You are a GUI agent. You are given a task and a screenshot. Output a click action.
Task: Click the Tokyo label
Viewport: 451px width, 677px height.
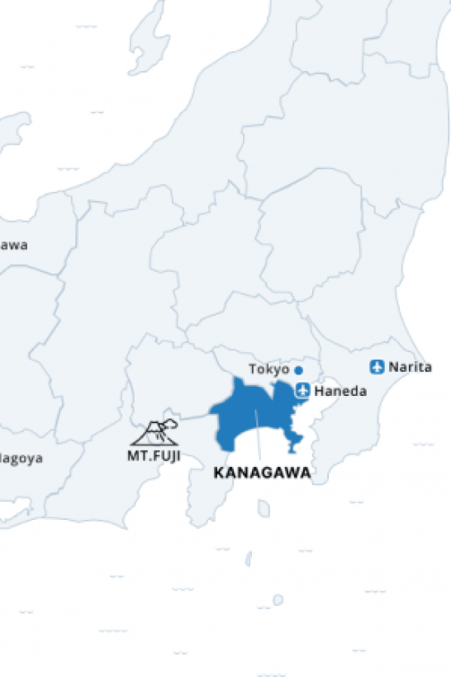pos(269,369)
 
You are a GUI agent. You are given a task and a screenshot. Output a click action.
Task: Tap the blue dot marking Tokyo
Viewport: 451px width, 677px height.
pos(298,370)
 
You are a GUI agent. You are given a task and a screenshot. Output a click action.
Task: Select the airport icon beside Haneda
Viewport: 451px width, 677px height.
pos(302,390)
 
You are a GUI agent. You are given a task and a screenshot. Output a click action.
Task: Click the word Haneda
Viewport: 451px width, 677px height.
pos(341,391)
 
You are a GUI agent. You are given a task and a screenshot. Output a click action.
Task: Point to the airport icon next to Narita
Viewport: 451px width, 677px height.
pos(377,367)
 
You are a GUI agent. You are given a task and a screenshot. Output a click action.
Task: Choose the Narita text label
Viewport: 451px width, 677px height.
pos(410,367)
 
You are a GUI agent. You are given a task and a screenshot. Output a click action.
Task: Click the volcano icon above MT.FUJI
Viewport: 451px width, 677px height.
pos(153,433)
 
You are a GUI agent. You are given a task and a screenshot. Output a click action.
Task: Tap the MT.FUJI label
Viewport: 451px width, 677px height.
pos(154,455)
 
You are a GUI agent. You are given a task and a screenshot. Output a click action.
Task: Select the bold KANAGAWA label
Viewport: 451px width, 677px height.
pos(262,474)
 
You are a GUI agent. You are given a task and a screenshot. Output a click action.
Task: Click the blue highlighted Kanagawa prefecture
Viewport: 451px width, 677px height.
pos(248,417)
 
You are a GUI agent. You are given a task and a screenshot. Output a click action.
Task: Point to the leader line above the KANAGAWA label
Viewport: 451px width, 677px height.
pos(259,438)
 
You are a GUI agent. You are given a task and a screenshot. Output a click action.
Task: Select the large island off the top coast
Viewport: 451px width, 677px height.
pos(150,37)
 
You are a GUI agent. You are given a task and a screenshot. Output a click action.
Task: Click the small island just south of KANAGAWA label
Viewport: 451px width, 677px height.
pos(263,508)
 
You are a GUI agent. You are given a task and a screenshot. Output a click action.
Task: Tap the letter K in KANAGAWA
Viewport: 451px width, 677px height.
pos(218,474)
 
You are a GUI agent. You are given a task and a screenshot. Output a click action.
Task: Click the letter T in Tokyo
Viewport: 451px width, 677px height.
pos(253,369)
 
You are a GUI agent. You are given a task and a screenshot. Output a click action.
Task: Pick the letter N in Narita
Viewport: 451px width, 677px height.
pos(393,367)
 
